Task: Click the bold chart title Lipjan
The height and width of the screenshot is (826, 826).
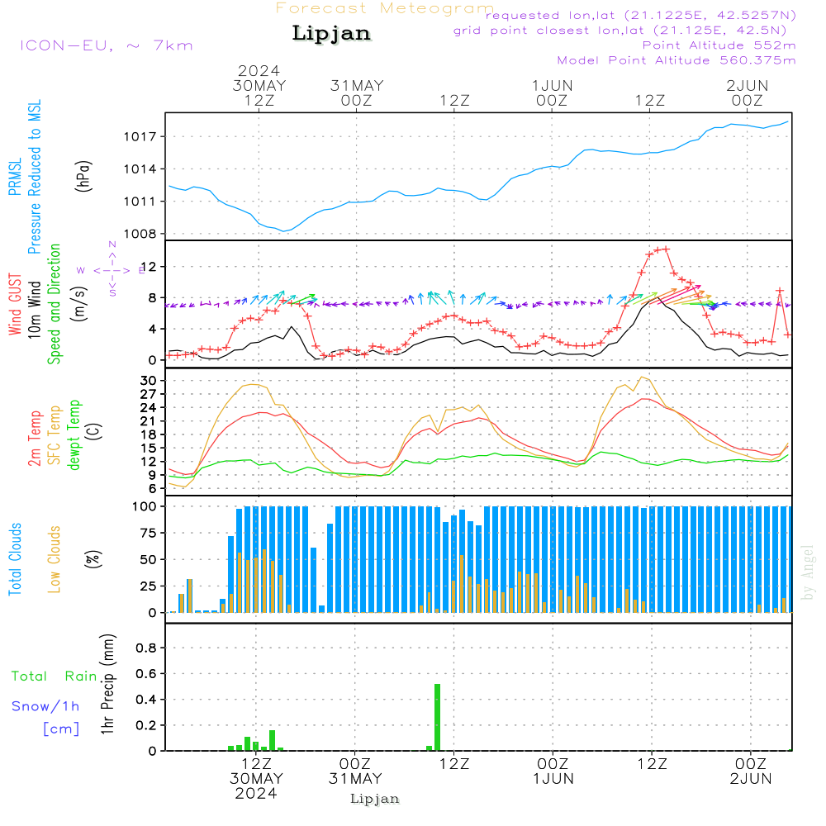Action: pyautogui.click(x=331, y=34)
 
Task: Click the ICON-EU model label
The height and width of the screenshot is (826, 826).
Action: pyautogui.click(x=106, y=45)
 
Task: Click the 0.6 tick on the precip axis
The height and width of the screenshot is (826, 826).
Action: pyautogui.click(x=146, y=674)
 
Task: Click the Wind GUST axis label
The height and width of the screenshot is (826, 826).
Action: pyautogui.click(x=15, y=306)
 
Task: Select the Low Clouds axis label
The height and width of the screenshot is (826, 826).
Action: pyautogui.click(x=55, y=559)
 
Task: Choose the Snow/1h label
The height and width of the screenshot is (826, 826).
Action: pyautogui.click(x=45, y=706)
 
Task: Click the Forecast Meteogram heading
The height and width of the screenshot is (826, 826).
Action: pyautogui.click(x=384, y=8)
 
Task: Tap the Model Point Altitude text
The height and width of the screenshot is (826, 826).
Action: pyautogui.click(x=676, y=60)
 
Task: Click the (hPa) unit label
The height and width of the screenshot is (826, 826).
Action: pyautogui.click(x=83, y=174)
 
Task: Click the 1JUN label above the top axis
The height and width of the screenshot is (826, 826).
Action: pyautogui.click(x=552, y=85)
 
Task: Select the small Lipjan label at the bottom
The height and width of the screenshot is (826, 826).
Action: pyautogui.click(x=375, y=799)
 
